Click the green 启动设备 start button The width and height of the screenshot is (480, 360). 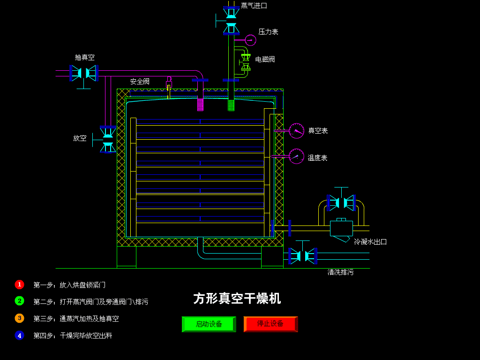pyautogui.click(x=209, y=324)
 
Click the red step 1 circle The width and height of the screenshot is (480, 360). pyautogui.click(x=19, y=285)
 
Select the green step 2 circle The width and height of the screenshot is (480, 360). pyautogui.click(x=19, y=301)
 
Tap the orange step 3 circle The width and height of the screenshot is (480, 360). pyautogui.click(x=19, y=318)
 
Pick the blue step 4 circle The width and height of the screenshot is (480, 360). pyautogui.click(x=19, y=335)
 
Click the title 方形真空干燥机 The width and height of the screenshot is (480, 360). pyautogui.click(x=237, y=299)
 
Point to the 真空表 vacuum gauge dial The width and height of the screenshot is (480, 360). pyautogui.click(x=296, y=131)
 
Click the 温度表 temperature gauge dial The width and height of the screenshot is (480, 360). pyautogui.click(x=296, y=156)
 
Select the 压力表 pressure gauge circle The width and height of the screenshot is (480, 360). pyautogui.click(x=250, y=40)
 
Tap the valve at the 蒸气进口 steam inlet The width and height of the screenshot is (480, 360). pyautogui.click(x=231, y=21)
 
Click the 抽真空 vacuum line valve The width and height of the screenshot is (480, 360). pyautogui.click(x=83, y=73)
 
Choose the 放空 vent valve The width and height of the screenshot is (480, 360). pyautogui.click(x=108, y=139)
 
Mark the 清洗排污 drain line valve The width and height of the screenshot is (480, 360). pyautogui.click(x=302, y=256)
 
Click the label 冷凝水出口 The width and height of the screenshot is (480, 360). pyautogui.click(x=370, y=242)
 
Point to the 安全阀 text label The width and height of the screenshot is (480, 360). pyautogui.click(x=140, y=82)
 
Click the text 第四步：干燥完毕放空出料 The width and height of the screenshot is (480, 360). pyautogui.click(x=73, y=336)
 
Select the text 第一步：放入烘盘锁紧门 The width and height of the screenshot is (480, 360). pyautogui.click(x=69, y=285)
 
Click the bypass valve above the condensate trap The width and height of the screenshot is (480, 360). pyautogui.click(x=341, y=202)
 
